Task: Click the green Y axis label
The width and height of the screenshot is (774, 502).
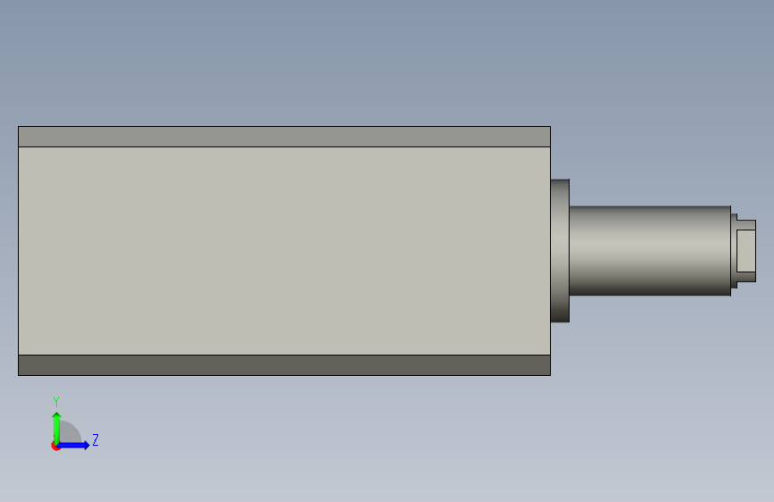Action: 56,402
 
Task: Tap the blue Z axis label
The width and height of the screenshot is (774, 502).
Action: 96,439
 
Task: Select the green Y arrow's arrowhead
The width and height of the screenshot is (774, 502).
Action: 57,415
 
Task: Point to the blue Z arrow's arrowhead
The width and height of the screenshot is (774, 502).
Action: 87,445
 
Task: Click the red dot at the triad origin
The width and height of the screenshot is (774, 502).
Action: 55,446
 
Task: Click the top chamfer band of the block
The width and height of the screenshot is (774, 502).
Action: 284,137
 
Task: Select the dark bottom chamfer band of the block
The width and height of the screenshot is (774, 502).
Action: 284,365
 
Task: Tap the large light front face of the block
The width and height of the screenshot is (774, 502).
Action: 284,251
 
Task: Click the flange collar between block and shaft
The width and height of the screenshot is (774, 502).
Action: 560,250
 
